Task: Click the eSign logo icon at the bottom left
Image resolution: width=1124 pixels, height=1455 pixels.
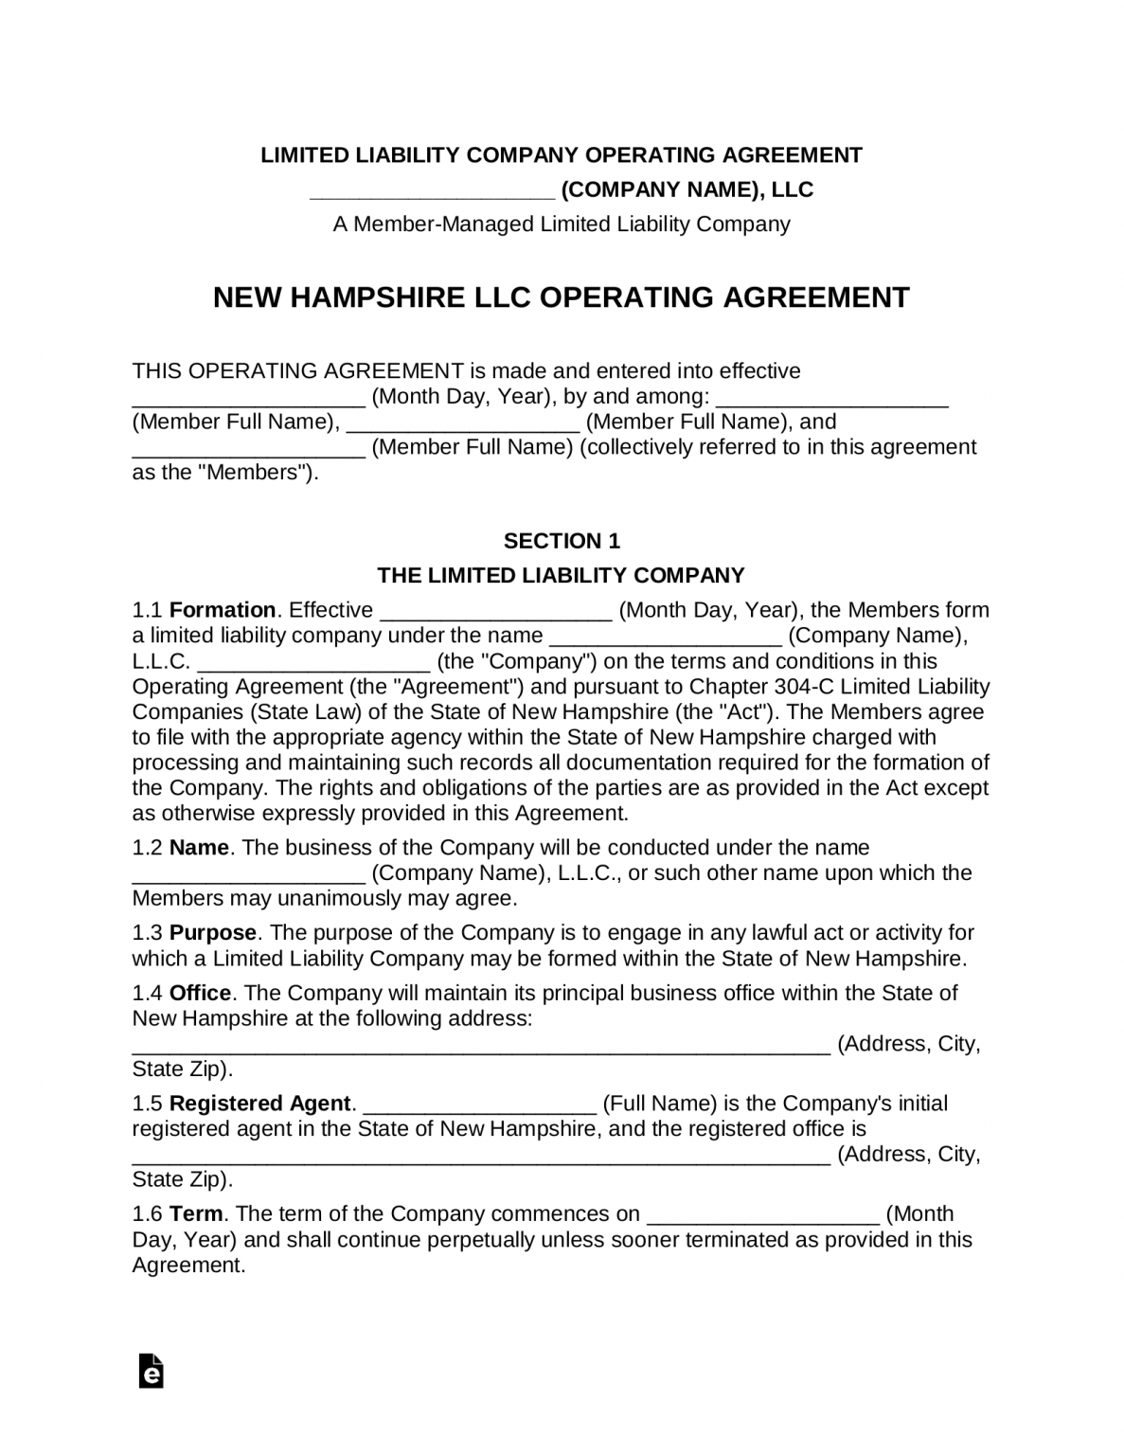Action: (151, 1371)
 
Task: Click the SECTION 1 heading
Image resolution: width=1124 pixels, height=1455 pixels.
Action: (562, 541)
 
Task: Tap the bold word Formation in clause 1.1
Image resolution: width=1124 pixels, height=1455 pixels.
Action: (223, 610)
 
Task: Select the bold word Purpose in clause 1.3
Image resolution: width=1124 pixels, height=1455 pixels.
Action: (213, 933)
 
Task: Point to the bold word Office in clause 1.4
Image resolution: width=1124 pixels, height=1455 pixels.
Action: (200, 994)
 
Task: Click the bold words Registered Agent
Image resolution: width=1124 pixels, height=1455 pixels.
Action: (260, 1104)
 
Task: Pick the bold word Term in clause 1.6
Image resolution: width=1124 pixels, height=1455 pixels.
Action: (196, 1214)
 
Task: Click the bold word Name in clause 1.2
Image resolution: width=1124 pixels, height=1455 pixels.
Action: (199, 848)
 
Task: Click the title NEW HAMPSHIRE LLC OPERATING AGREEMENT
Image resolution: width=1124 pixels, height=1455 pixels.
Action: (562, 297)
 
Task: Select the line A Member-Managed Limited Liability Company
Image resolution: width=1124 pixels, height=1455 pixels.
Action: (562, 225)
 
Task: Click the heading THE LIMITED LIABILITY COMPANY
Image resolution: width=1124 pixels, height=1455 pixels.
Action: (562, 576)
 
